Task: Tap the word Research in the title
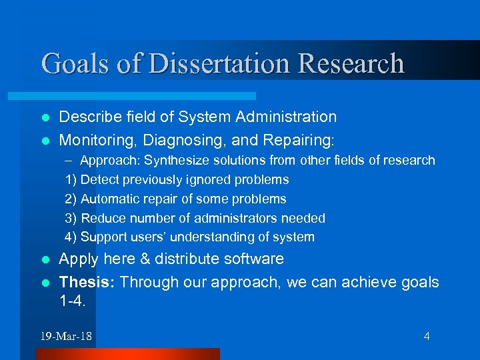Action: pos(351,63)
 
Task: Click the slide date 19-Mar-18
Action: pos(66,336)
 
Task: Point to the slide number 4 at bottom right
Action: pos(427,336)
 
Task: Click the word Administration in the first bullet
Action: pos(288,117)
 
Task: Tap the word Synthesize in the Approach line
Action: pos(175,161)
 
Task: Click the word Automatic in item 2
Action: pos(109,199)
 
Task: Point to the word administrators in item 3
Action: pos(226,218)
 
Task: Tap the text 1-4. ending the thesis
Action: pos(73,301)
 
